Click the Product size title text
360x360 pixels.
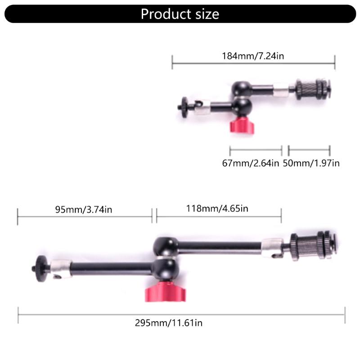click(x=180, y=14)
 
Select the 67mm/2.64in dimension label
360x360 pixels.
click(x=251, y=163)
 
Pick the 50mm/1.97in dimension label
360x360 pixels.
click(x=311, y=163)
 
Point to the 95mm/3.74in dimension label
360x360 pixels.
click(x=84, y=209)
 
